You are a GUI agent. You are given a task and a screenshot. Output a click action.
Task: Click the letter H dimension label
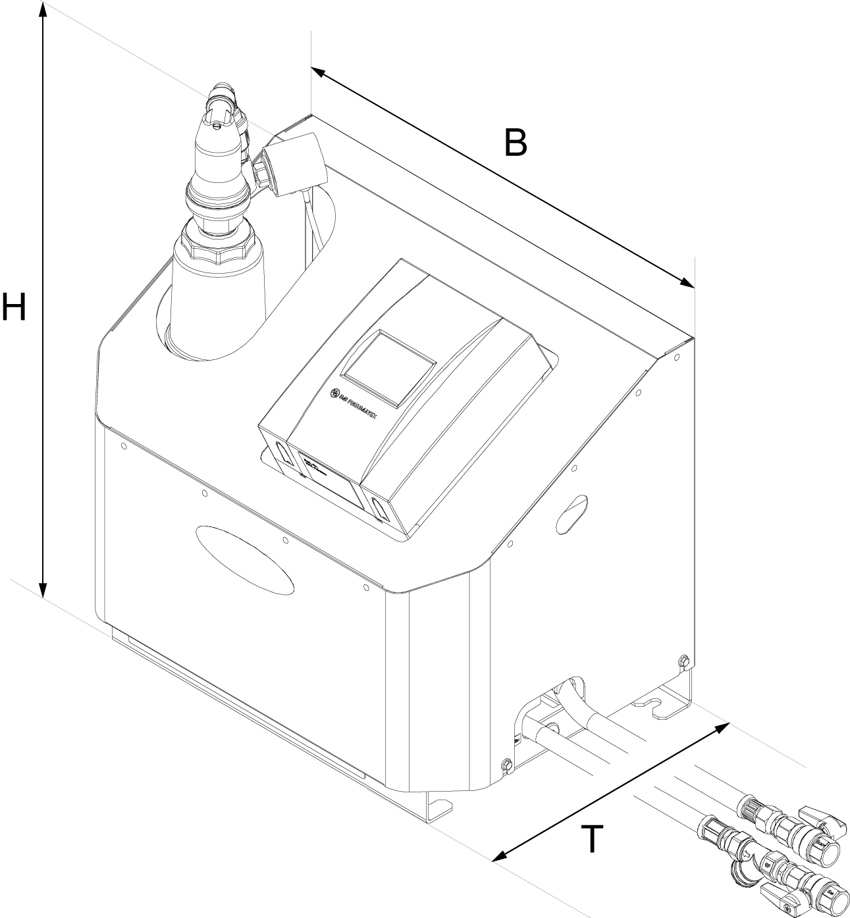14,307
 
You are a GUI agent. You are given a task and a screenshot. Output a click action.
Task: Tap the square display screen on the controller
390,366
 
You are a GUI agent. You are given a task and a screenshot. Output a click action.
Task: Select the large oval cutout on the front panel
245,559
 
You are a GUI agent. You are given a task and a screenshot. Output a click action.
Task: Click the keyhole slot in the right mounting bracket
655,705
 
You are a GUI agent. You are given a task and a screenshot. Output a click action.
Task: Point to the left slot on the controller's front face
281,452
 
